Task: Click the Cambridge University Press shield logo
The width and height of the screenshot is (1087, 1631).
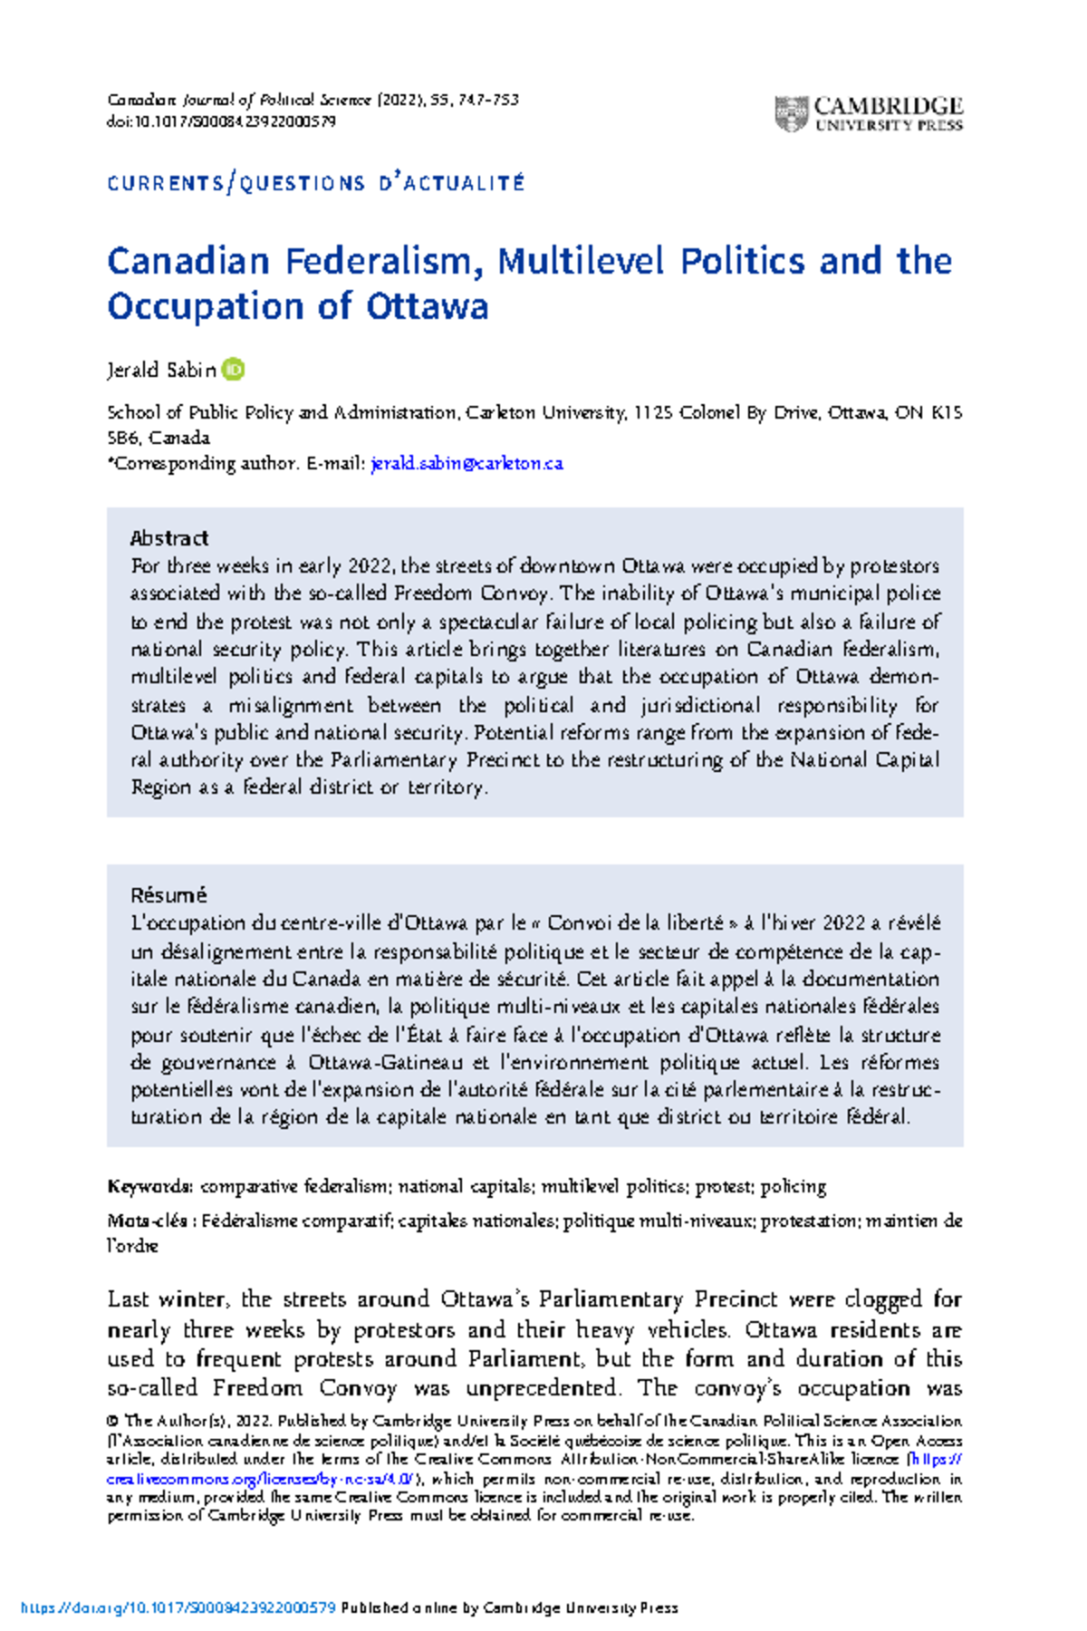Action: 791,114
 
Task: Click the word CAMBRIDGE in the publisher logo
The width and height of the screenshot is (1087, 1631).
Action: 888,106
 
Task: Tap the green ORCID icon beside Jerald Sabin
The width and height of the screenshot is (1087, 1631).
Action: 234,370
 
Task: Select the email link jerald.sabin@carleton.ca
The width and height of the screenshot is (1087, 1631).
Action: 467,463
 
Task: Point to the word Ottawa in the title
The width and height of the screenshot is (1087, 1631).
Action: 427,306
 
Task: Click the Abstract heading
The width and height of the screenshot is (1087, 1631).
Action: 169,538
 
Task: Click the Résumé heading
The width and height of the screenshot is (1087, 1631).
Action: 169,895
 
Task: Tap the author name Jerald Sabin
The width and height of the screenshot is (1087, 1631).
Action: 161,370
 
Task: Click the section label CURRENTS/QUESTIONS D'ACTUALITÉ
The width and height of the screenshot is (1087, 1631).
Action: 315,183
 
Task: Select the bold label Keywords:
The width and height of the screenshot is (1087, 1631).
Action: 149,1187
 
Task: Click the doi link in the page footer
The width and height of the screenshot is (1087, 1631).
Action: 178,1608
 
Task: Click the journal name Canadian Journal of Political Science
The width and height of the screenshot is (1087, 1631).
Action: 239,100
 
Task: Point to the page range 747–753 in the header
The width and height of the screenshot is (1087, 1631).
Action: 488,100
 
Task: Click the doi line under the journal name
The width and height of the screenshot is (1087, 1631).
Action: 222,121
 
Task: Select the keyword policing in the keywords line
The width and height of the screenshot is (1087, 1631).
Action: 793,1187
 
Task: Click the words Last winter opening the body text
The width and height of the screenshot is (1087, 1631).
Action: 167,1299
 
